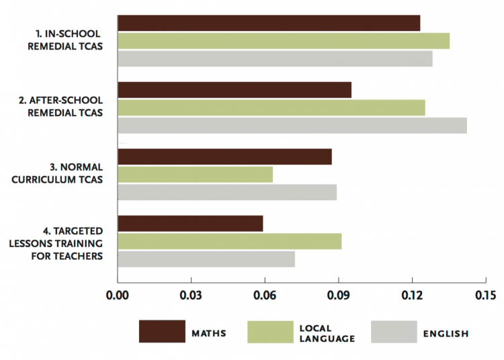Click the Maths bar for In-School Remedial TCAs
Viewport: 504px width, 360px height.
pyautogui.click(x=269, y=23)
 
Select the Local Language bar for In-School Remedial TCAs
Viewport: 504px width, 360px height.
pyautogui.click(x=284, y=40)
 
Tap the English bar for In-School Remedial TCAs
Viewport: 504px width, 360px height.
pyautogui.click(x=275, y=58)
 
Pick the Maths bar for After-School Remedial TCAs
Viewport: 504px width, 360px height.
pyautogui.click(x=235, y=90)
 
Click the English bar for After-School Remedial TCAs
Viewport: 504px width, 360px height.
pyautogui.click(x=292, y=125)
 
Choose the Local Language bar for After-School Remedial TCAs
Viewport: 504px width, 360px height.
pyautogui.click(x=271, y=107)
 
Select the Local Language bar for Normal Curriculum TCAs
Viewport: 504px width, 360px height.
pyautogui.click(x=195, y=175)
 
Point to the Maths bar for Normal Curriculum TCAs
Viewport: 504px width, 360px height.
pyautogui.click(x=224, y=156)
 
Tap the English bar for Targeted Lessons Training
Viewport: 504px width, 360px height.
pyautogui.click(x=206, y=259)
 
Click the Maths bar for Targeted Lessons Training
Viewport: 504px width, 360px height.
pyautogui.click(x=190, y=224)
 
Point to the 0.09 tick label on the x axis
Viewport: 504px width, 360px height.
pyautogui.click(x=338, y=296)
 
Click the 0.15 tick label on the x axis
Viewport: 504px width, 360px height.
pyautogui.click(x=485, y=296)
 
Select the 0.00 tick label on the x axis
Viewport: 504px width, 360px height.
pyautogui.click(x=118, y=296)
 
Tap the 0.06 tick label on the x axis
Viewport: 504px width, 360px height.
pyautogui.click(x=264, y=296)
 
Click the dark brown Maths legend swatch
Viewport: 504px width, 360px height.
pyautogui.click(x=162, y=332)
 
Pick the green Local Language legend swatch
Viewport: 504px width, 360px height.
pyautogui.click(x=271, y=332)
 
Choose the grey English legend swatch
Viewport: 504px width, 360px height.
pyautogui.click(x=393, y=332)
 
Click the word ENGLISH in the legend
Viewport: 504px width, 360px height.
pyautogui.click(x=446, y=333)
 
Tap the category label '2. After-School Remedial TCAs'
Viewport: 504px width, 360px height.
pyautogui.click(x=60, y=107)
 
